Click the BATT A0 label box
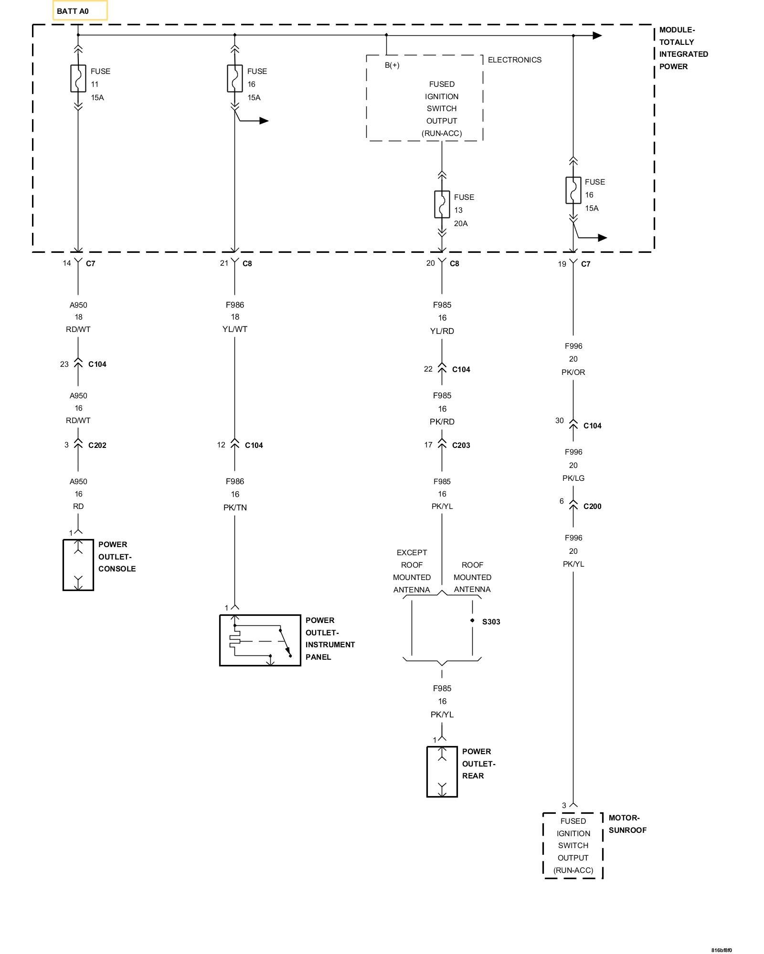80,10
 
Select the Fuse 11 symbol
78,78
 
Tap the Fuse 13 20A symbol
442,204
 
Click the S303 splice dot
472,620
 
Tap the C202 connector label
97,445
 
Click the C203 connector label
461,445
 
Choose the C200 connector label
593,506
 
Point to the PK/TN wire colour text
235,508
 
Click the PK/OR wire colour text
573,372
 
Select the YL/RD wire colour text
442,331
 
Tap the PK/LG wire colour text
573,478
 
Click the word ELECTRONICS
515,60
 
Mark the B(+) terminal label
392,65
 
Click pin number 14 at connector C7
67,263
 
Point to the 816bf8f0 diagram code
721,950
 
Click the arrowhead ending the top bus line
597,35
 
